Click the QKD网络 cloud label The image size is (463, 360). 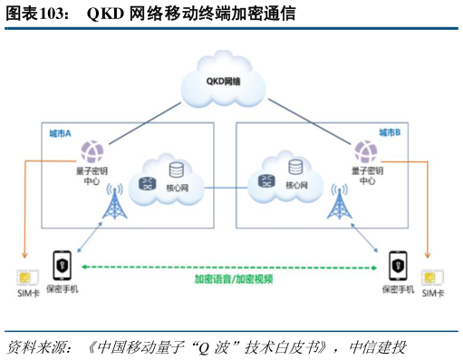pos(223,83)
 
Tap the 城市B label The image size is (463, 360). pos(390,132)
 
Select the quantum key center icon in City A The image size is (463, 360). pos(92,150)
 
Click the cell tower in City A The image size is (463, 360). pos(114,205)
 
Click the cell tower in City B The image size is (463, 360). pos(340,205)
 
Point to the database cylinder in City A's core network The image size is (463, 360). pos(175,169)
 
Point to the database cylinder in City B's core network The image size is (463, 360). pos(295,168)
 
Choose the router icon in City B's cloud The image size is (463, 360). pos(267,181)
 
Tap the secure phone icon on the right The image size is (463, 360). pos(397,265)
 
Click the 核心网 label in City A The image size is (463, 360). pos(176,188)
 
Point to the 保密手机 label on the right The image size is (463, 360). pos(398,290)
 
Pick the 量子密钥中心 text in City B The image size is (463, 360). pos(367,174)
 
